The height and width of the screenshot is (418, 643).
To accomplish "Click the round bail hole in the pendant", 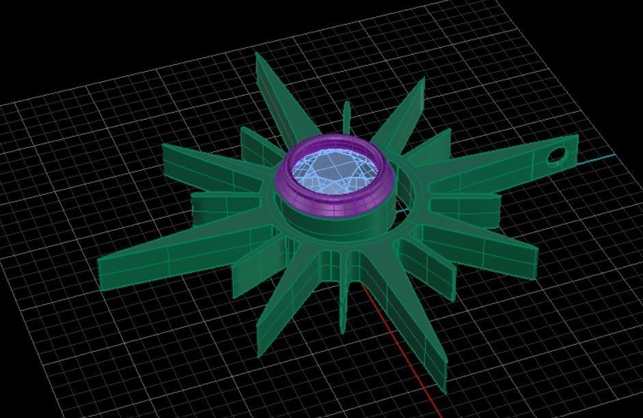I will (x=556, y=156).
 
